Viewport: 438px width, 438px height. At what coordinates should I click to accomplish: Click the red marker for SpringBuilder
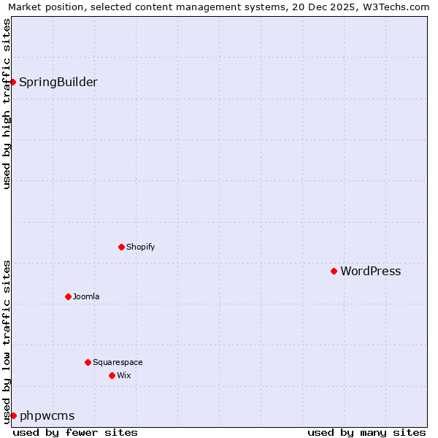coord(13,82)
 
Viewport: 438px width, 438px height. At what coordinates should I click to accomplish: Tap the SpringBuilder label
coord(58,82)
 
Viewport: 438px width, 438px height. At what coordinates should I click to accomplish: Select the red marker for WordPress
coord(334,271)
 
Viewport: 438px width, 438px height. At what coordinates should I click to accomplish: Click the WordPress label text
coord(371,272)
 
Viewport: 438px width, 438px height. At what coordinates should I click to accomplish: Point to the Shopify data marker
coord(121,247)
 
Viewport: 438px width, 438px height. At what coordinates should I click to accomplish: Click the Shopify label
coord(141,247)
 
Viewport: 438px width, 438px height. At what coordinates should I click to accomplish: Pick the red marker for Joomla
coord(68,296)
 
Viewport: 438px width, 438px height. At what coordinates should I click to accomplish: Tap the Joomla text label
coord(86,296)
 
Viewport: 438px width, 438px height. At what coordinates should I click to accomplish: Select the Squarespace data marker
coord(88,362)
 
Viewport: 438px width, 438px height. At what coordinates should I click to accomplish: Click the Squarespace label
coord(118,362)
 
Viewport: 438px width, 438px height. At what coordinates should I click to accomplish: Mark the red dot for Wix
coord(112,375)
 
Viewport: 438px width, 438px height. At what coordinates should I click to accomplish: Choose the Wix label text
coord(124,375)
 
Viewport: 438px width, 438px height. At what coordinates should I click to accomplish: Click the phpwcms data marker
coord(13,415)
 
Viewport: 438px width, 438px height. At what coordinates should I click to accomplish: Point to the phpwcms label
coord(47,416)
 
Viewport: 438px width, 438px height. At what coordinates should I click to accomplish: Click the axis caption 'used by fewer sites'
coord(75,432)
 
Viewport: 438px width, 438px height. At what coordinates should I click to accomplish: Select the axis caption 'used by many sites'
coord(366,432)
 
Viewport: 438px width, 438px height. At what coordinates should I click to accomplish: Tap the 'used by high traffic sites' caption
coord(7,104)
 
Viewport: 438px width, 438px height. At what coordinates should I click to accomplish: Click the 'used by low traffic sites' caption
coord(7,342)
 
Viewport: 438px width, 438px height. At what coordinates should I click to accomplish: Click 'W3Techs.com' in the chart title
coord(395,7)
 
